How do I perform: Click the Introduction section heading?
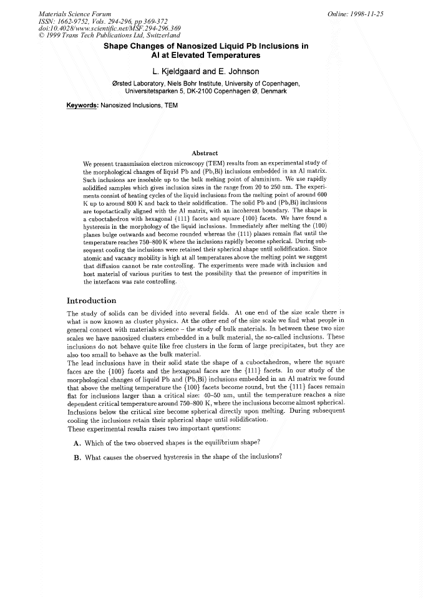click(91, 301)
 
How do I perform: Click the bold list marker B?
click(77, 456)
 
